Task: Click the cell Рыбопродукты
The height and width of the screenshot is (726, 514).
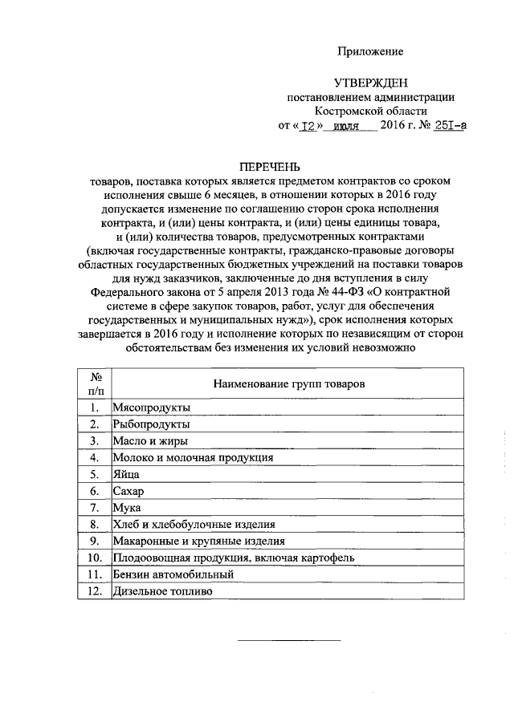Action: click(x=152, y=424)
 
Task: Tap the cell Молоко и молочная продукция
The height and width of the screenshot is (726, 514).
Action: click(x=193, y=457)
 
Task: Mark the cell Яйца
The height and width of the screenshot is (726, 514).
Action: click(x=127, y=474)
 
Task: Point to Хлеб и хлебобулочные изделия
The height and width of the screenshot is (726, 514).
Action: click(x=193, y=524)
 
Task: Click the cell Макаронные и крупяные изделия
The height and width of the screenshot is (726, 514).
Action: click(x=198, y=541)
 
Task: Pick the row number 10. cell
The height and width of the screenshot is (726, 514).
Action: click(x=95, y=558)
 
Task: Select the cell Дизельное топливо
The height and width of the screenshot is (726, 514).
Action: click(x=164, y=591)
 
